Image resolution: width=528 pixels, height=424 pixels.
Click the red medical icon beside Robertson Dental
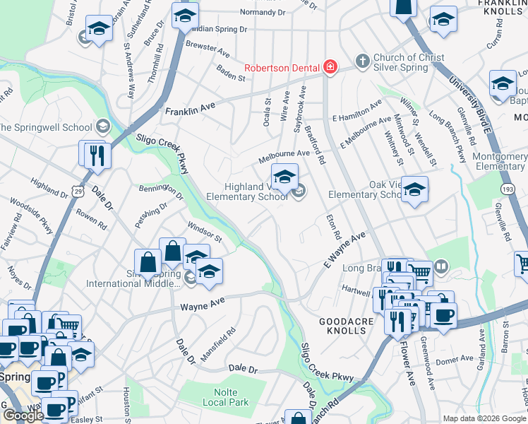[x=330, y=68]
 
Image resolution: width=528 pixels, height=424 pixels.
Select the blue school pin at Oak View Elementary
[x=414, y=189]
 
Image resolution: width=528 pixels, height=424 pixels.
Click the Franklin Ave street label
[x=189, y=110]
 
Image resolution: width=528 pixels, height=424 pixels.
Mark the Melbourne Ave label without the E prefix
[x=284, y=153]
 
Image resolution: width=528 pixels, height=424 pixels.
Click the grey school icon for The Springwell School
[x=102, y=127]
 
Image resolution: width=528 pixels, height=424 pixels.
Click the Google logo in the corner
[x=23, y=416]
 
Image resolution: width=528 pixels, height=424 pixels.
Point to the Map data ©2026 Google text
[x=484, y=418]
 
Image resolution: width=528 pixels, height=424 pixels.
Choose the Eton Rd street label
[x=335, y=226]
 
